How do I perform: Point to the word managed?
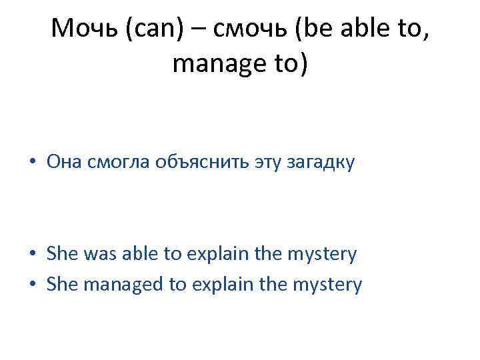121,285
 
